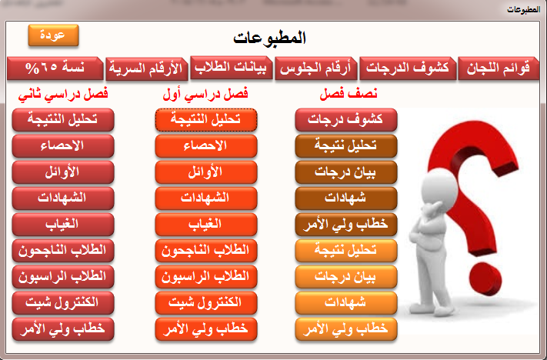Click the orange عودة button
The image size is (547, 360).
[x=53, y=35]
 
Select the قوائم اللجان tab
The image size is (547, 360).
[x=499, y=68]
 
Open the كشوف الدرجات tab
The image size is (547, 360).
[x=408, y=68]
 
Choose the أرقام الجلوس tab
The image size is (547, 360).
[x=315, y=68]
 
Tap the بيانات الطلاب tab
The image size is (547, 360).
[x=231, y=67]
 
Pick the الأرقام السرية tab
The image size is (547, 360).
[x=146, y=68]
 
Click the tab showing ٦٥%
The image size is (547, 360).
[x=55, y=68]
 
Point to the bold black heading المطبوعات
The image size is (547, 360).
[x=269, y=38]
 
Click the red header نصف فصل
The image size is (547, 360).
[x=349, y=94]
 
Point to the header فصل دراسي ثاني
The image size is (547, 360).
[x=63, y=94]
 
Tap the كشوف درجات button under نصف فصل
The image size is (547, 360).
[x=346, y=120]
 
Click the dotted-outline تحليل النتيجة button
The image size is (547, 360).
[x=206, y=120]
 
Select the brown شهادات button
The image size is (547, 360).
[x=346, y=198]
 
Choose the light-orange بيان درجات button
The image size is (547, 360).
[x=346, y=277]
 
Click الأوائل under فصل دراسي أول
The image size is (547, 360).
[x=206, y=172]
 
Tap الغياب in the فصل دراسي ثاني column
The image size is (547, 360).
[x=63, y=225]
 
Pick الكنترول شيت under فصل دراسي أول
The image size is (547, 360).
[x=206, y=303]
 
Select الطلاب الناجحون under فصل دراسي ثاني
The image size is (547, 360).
[x=63, y=251]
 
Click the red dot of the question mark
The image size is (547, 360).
[x=485, y=279]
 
